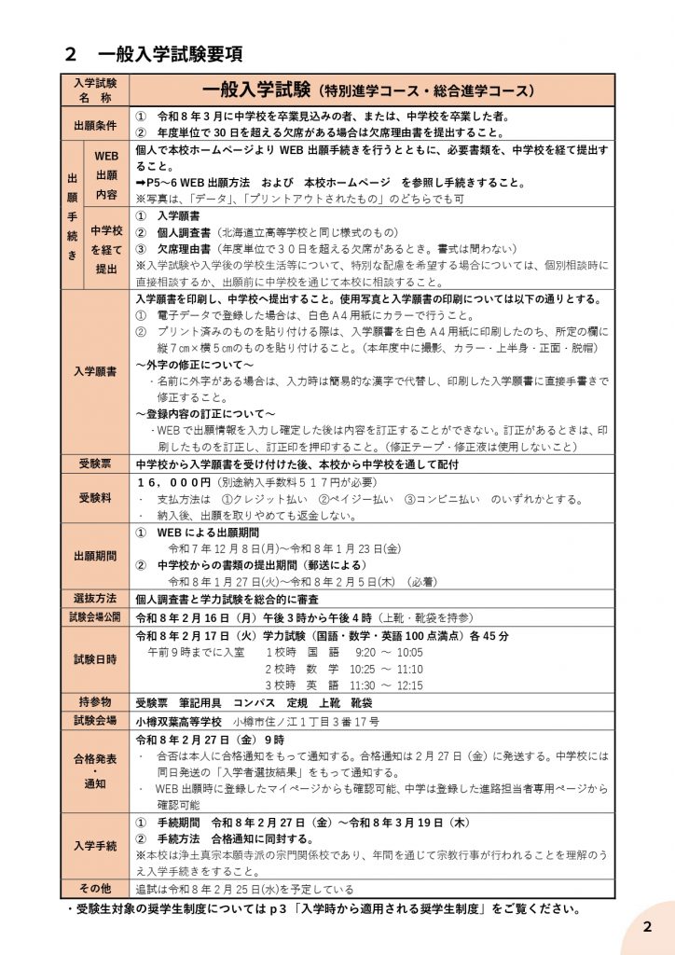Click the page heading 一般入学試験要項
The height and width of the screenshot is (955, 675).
coord(170,53)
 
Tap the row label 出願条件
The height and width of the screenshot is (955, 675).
coord(94,125)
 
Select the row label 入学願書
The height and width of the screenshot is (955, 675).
coord(94,370)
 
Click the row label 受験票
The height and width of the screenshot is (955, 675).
coord(94,464)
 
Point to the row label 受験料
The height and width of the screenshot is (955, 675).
coord(94,499)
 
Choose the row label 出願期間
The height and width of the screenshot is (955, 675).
coord(94,556)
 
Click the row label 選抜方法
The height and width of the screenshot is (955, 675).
coord(94,598)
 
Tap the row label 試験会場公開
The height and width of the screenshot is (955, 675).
coord(94,616)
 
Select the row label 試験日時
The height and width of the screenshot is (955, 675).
coord(94,659)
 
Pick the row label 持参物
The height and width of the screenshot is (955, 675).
coord(94,701)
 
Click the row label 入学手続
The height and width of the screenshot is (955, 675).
coord(94,846)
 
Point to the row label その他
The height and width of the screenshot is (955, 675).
coord(94,888)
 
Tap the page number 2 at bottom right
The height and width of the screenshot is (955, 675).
coord(648,926)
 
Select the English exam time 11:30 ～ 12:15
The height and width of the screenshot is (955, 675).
coord(388,685)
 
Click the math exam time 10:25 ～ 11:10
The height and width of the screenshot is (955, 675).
coord(388,669)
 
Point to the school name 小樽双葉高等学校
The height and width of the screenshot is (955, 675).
coord(179,721)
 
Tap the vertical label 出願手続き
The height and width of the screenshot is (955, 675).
coord(72,215)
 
